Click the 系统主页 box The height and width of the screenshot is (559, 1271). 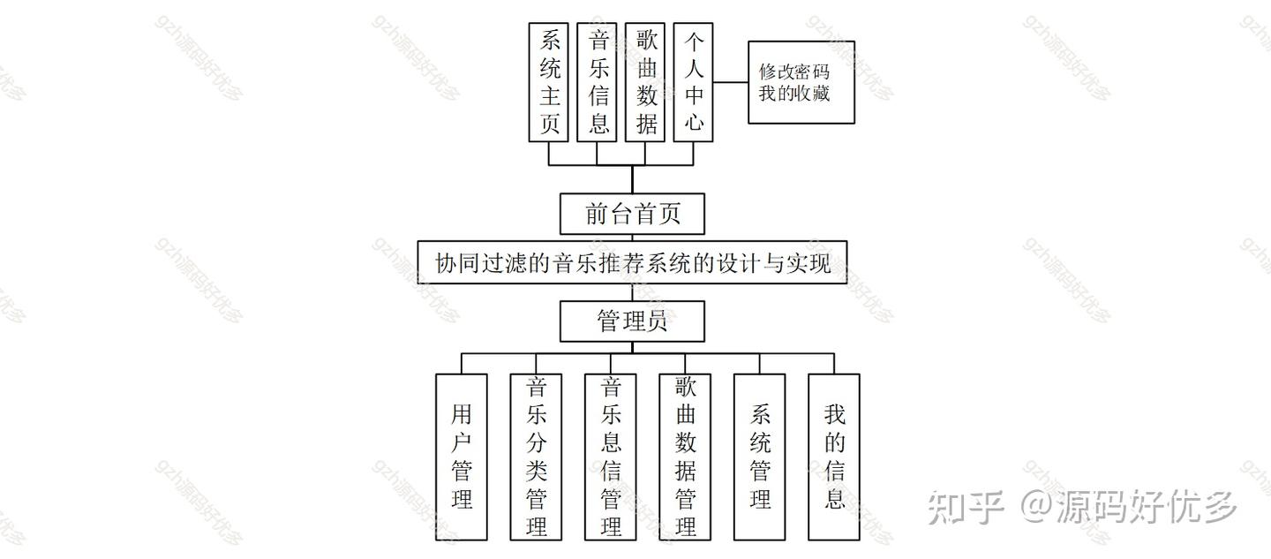(548, 82)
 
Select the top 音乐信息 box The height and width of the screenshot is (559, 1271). (597, 82)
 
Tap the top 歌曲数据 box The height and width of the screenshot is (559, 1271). (645, 82)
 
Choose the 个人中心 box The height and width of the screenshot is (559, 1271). (693, 82)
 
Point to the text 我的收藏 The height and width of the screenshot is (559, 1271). (794, 93)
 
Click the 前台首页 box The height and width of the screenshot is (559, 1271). (632, 214)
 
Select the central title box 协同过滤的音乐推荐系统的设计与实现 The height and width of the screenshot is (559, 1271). (632, 262)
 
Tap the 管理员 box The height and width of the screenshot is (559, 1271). (632, 321)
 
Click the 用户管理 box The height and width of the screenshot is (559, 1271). (461, 457)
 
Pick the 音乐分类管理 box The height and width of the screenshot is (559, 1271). (536, 457)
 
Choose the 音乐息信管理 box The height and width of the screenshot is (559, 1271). (610, 457)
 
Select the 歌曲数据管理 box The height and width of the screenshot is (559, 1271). (685, 457)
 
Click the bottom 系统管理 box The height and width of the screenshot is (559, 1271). (759, 457)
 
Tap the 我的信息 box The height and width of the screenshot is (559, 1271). (834, 457)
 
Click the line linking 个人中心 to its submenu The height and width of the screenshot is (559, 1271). (731, 82)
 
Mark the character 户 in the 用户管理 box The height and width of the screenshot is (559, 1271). (461, 442)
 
